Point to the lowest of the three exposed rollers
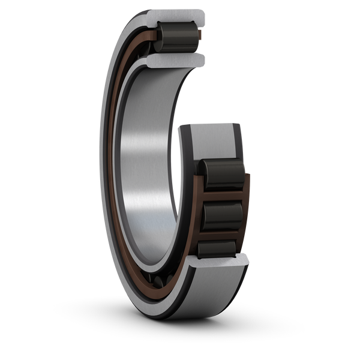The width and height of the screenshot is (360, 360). point(220,247)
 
